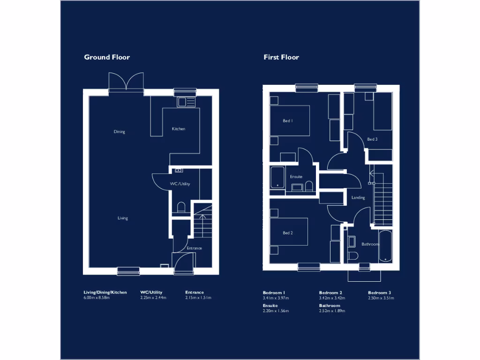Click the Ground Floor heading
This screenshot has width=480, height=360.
pyautogui.click(x=107, y=57)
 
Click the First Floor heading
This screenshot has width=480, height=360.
pyautogui.click(x=281, y=57)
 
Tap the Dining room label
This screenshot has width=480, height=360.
pyautogui.click(x=120, y=132)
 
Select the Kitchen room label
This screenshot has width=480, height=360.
pyautogui.click(x=179, y=129)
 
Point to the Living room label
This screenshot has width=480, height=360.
pyautogui.click(x=123, y=218)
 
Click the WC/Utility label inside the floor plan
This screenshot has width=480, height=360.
pyautogui.click(x=180, y=184)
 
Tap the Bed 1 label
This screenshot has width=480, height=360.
pyautogui.click(x=288, y=121)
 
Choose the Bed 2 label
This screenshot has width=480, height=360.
pyautogui.click(x=288, y=233)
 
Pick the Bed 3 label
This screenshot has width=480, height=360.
pyautogui.click(x=372, y=139)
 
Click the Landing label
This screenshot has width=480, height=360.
pyautogui.click(x=358, y=198)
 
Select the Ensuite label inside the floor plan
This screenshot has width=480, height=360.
pyautogui.click(x=296, y=177)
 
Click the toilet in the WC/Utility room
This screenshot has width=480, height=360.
pyautogui.click(x=182, y=207)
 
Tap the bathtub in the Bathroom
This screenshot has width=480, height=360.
pyautogui.click(x=386, y=246)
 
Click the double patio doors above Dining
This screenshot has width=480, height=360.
pyautogui.click(x=126, y=82)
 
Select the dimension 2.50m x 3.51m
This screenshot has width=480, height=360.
pyautogui.click(x=381, y=298)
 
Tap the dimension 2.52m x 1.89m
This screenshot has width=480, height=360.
pyautogui.click(x=332, y=311)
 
